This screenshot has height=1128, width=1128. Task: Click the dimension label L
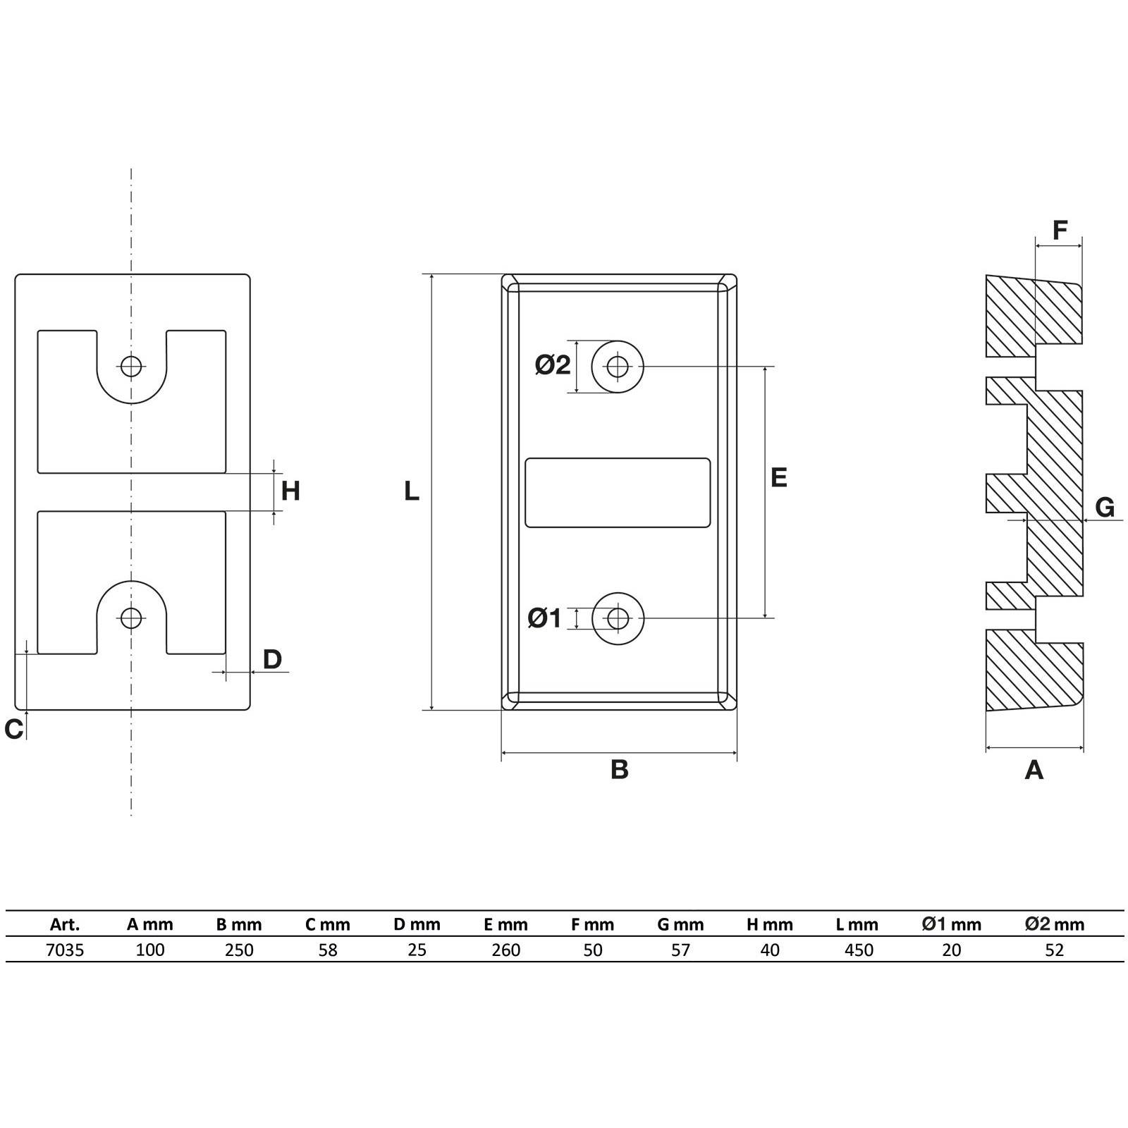[x=411, y=491]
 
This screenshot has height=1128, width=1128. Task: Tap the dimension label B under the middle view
[x=619, y=769]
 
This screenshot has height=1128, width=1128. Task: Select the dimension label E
[x=778, y=477]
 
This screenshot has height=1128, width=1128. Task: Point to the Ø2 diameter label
[x=552, y=364]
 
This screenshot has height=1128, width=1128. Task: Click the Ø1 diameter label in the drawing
[x=544, y=618]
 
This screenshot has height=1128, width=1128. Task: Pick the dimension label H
[x=290, y=491]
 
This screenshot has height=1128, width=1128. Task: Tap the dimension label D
[x=272, y=659]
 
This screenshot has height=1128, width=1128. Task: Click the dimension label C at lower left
[x=13, y=729]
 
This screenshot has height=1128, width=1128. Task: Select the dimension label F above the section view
[x=1060, y=230]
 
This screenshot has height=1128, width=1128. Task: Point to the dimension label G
[x=1105, y=507]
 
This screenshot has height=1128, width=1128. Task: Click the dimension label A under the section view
[x=1034, y=769]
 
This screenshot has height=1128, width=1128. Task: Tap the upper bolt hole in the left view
[x=131, y=366]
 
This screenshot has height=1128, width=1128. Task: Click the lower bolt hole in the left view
[x=131, y=618]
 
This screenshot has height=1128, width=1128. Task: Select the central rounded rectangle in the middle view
[x=618, y=492]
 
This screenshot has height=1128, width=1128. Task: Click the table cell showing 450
[x=859, y=950]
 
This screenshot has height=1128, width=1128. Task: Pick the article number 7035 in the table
[x=65, y=950]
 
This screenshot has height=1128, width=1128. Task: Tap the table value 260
[x=506, y=950]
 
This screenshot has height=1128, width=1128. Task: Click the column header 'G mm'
[x=680, y=924]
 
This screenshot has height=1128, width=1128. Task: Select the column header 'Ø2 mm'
[x=1055, y=924]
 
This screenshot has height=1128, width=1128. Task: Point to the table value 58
[x=328, y=950]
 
